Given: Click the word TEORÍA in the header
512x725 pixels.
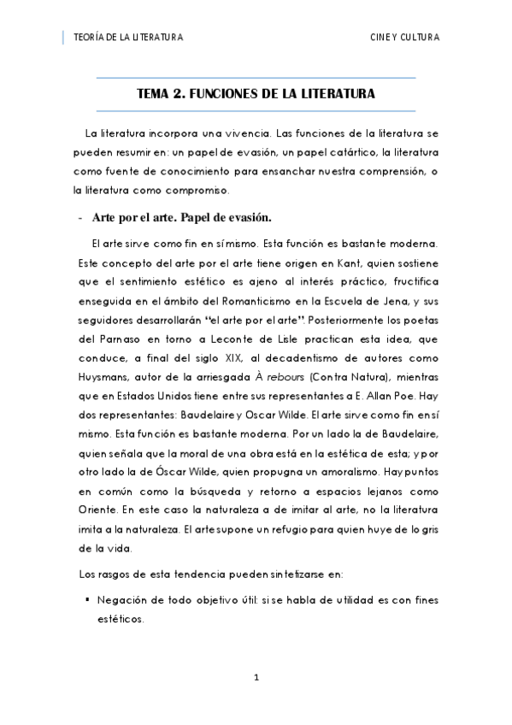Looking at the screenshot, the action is point(90,38).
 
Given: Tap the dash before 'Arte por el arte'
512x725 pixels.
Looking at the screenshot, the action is point(79,216).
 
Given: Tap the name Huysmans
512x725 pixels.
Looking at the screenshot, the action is point(103,373).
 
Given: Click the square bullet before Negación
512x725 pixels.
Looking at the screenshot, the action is point(88,600).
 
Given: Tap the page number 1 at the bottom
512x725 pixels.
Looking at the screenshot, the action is point(256,677).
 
